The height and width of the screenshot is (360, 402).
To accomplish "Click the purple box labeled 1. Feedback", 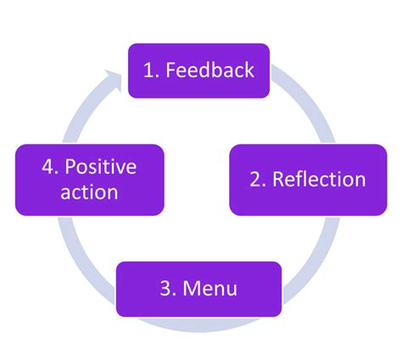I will [199, 70].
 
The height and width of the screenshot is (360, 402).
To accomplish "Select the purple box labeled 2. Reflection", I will [307, 179].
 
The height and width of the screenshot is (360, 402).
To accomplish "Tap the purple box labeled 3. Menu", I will [199, 289].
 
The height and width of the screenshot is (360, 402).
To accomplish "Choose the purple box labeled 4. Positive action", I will [89, 179].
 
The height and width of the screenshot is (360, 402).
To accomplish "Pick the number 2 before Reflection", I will [255, 179].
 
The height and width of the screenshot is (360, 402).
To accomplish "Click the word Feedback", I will [209, 70].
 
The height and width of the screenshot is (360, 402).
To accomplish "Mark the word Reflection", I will [318, 179].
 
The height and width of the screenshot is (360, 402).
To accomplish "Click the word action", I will [89, 192].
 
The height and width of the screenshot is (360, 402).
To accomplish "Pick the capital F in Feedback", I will [170, 70].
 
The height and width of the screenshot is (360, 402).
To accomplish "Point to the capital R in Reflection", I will [278, 179].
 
